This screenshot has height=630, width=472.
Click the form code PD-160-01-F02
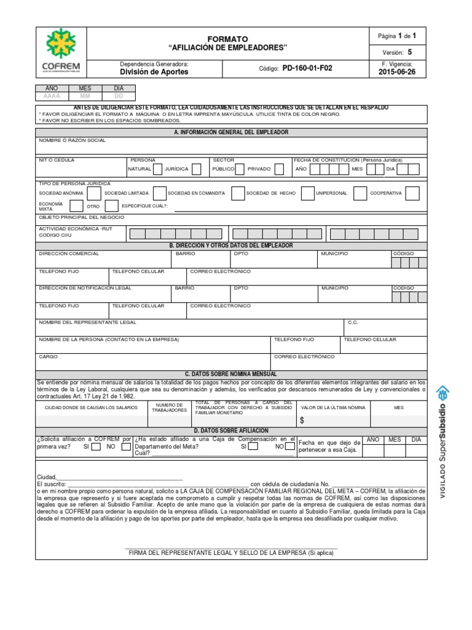click(x=307, y=68)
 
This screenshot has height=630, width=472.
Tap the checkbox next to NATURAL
click(x=158, y=169)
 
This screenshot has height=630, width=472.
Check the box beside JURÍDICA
click(x=197, y=169)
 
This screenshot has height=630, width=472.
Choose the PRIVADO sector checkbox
click(x=280, y=169)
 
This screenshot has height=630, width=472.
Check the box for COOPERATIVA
click(x=412, y=193)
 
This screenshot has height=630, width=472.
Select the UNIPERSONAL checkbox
click(x=361, y=193)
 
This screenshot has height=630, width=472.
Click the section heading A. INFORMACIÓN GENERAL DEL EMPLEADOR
click(x=231, y=132)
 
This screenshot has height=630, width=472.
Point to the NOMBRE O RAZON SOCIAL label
click(x=72, y=141)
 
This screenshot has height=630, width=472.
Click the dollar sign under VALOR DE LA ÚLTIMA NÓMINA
click(x=302, y=420)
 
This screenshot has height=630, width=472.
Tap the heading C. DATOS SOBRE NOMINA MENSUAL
click(x=231, y=373)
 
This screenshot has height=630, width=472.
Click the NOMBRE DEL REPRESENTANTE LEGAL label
click(x=88, y=322)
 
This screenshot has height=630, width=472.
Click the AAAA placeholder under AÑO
click(x=52, y=97)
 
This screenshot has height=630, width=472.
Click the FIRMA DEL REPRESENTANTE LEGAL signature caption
click(x=231, y=553)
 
